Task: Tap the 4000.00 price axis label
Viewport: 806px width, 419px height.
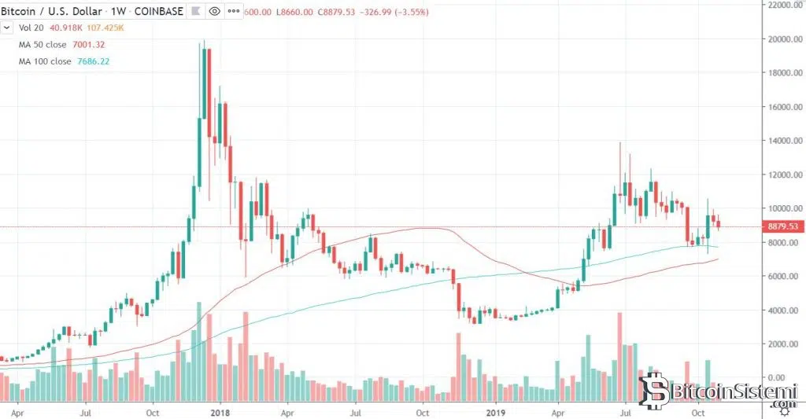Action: point(784,311)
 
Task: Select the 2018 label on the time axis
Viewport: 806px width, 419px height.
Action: point(220,411)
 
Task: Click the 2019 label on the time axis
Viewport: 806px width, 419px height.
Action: point(495,411)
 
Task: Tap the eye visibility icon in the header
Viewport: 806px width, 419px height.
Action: point(215,12)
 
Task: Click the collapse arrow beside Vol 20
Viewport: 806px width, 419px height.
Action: point(7,28)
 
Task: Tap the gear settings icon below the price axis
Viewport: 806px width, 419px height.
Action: point(785,412)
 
